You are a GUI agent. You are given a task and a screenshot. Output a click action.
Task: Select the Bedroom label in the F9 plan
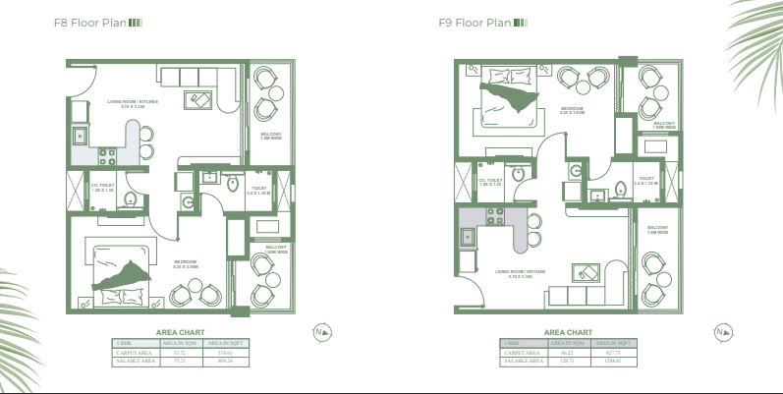point(572,110)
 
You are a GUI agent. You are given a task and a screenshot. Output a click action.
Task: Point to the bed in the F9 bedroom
point(507,97)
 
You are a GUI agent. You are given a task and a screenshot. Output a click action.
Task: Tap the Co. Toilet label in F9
point(490,182)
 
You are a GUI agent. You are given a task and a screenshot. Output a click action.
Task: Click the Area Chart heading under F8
point(180,332)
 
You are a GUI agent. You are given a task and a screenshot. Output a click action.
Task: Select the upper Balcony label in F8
point(271,136)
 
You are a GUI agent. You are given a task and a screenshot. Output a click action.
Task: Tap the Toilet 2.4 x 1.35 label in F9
point(646,181)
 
